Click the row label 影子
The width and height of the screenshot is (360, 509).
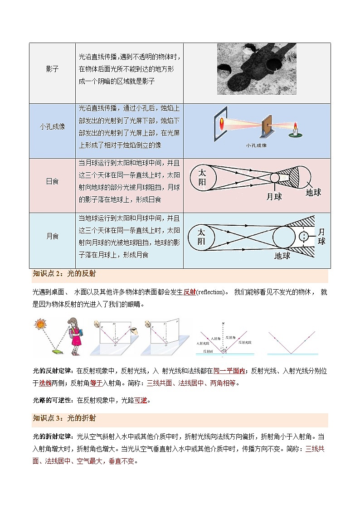pos(52,68)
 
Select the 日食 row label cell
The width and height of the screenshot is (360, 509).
pos(52,181)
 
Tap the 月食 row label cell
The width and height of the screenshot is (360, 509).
pos(52,236)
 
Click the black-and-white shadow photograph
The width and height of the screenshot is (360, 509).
pos(256,69)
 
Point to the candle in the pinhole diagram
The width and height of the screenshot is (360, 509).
pos(295,130)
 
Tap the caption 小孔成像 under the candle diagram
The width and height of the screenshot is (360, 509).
pos(256,145)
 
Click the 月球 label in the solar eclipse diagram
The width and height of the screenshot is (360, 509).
pos(274,197)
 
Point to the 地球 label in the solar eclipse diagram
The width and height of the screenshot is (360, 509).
pos(313,192)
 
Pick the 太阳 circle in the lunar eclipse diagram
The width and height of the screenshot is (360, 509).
pos(201,237)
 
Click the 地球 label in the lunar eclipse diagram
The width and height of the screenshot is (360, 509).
pos(282,256)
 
